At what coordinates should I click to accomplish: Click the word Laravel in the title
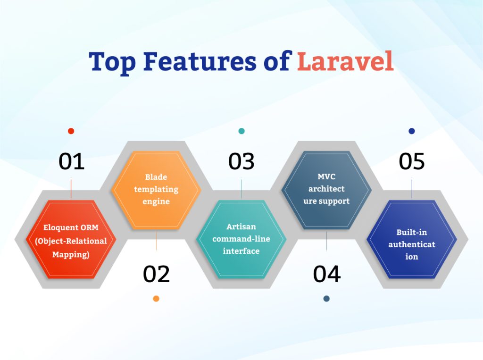point(345,62)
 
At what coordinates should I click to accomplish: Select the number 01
point(71,161)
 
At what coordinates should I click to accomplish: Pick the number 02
point(156,274)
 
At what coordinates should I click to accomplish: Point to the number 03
point(241,161)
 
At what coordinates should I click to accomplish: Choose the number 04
point(326,274)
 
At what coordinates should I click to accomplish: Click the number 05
point(411,161)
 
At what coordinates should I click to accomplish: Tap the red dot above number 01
point(71,131)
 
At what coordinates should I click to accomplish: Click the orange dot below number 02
point(156,299)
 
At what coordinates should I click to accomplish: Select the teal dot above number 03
point(241,131)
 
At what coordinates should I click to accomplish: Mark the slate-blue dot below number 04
point(326,299)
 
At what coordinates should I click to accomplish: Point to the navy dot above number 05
point(412,131)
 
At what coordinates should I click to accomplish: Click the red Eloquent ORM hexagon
point(71,240)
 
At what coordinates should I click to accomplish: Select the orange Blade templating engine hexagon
point(156,190)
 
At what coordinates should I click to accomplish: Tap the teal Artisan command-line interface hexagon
point(241,240)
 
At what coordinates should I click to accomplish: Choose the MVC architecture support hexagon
point(326,190)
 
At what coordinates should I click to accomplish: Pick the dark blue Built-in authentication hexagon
point(412,240)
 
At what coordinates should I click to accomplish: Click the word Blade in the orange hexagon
point(156,177)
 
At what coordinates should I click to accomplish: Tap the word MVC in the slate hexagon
point(326,177)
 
